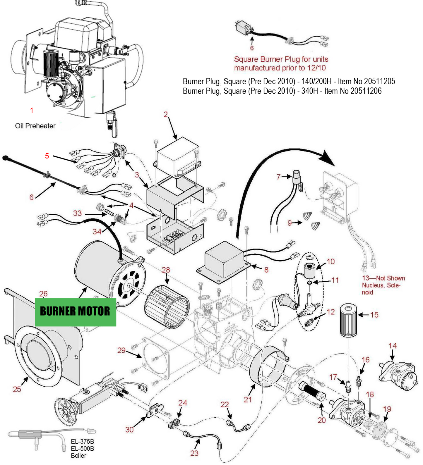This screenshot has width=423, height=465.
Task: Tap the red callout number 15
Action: [x=374, y=315]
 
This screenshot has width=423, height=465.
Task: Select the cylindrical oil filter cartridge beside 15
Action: [x=348, y=321]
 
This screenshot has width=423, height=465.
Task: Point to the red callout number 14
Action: [x=392, y=346]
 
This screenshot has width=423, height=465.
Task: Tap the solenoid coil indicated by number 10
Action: [x=310, y=271]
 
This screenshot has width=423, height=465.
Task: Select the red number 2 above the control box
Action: [x=165, y=114]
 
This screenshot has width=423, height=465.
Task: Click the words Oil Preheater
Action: [x=35, y=126]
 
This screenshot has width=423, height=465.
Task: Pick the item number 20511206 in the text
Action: [x=366, y=91]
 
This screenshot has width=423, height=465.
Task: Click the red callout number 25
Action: [x=17, y=389]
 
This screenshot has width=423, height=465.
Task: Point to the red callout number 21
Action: [x=248, y=399]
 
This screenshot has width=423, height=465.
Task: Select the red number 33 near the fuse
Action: [x=77, y=213]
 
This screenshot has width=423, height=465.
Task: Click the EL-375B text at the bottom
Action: [x=83, y=442]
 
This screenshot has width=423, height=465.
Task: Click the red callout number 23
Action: [x=194, y=453]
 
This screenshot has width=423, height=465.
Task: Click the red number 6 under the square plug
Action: [x=252, y=48]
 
